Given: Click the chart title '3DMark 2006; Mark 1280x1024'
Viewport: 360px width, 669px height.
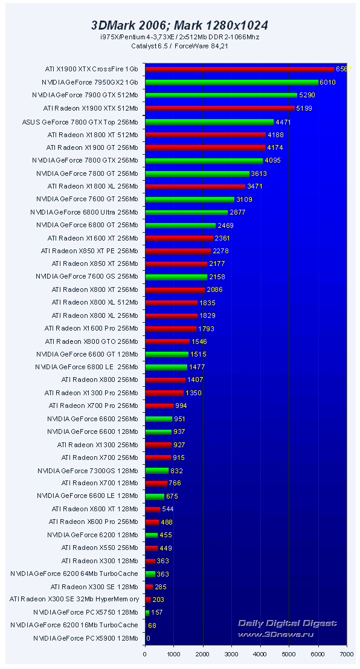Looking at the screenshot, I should coord(179,25).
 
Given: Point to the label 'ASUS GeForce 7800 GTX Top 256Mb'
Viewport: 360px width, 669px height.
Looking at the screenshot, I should coord(80,121).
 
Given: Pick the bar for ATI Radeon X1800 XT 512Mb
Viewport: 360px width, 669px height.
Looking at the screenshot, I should coord(205,134).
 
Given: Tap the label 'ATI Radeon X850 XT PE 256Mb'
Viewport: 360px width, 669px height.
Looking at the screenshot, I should coord(89,251).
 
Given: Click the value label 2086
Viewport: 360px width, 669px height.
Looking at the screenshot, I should coord(215,289).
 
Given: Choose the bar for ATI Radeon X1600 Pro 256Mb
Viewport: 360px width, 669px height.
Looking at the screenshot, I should coord(171,329).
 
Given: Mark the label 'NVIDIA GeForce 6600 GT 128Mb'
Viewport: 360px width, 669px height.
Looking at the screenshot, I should coord(87,354).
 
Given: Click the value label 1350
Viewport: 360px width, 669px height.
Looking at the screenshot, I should coord(194,393).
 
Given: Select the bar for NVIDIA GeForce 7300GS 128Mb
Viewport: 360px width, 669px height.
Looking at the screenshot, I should coord(157,470).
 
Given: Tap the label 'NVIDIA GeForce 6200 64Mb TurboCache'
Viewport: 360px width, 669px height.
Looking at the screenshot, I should coord(74,574).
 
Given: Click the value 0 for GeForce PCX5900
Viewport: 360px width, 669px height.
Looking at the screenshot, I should coord(149,638).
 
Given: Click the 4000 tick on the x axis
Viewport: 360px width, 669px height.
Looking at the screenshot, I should coord(260,654).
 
